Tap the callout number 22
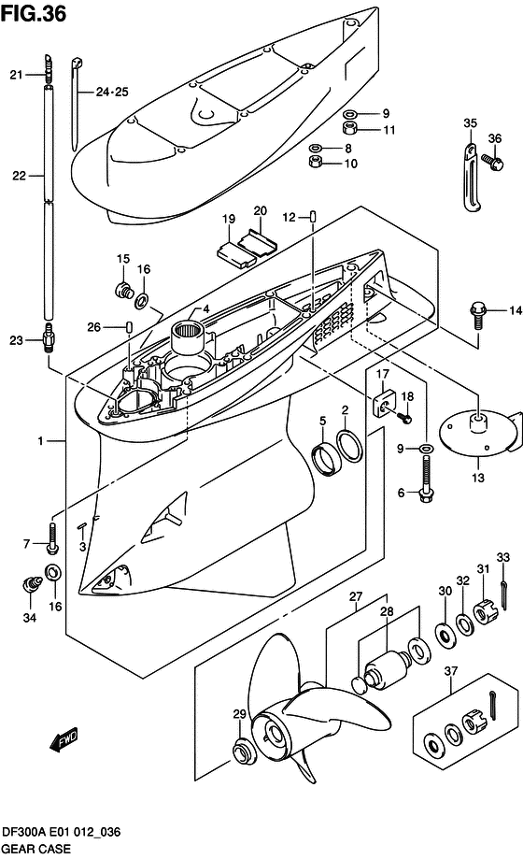pos(21,175)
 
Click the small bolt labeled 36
pos(489,163)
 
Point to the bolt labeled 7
pos(49,543)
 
